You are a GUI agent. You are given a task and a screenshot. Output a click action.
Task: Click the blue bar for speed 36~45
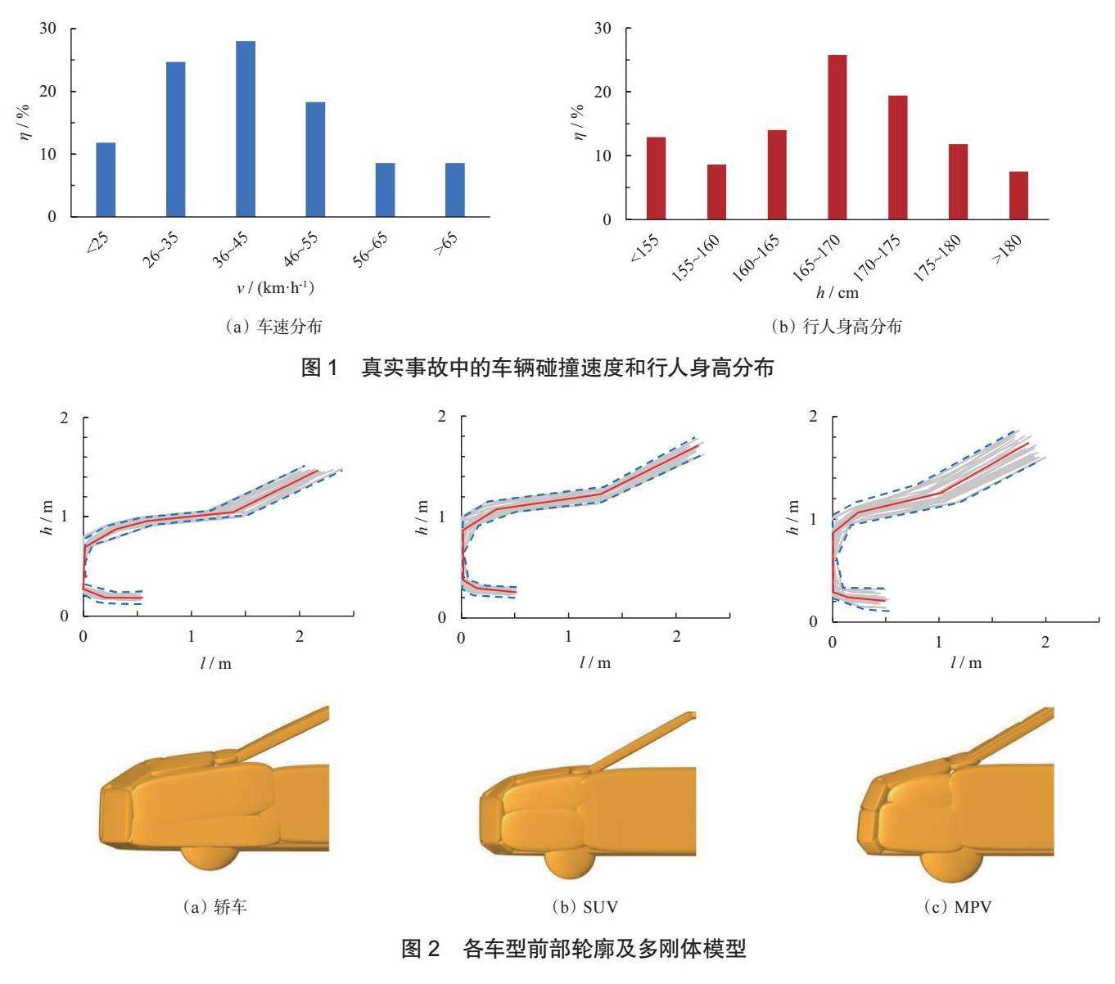(x=246, y=129)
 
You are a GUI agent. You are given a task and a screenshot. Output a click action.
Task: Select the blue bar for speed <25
(x=106, y=179)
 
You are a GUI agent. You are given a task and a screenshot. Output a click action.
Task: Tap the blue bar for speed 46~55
(x=315, y=159)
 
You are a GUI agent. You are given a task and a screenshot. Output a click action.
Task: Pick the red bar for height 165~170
(x=837, y=137)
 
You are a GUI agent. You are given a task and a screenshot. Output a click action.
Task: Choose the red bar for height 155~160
(x=716, y=192)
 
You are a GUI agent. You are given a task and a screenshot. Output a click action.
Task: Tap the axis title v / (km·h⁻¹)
(x=275, y=288)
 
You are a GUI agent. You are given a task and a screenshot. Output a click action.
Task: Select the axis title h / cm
(x=837, y=292)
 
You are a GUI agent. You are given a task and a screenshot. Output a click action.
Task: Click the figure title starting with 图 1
(x=538, y=368)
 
